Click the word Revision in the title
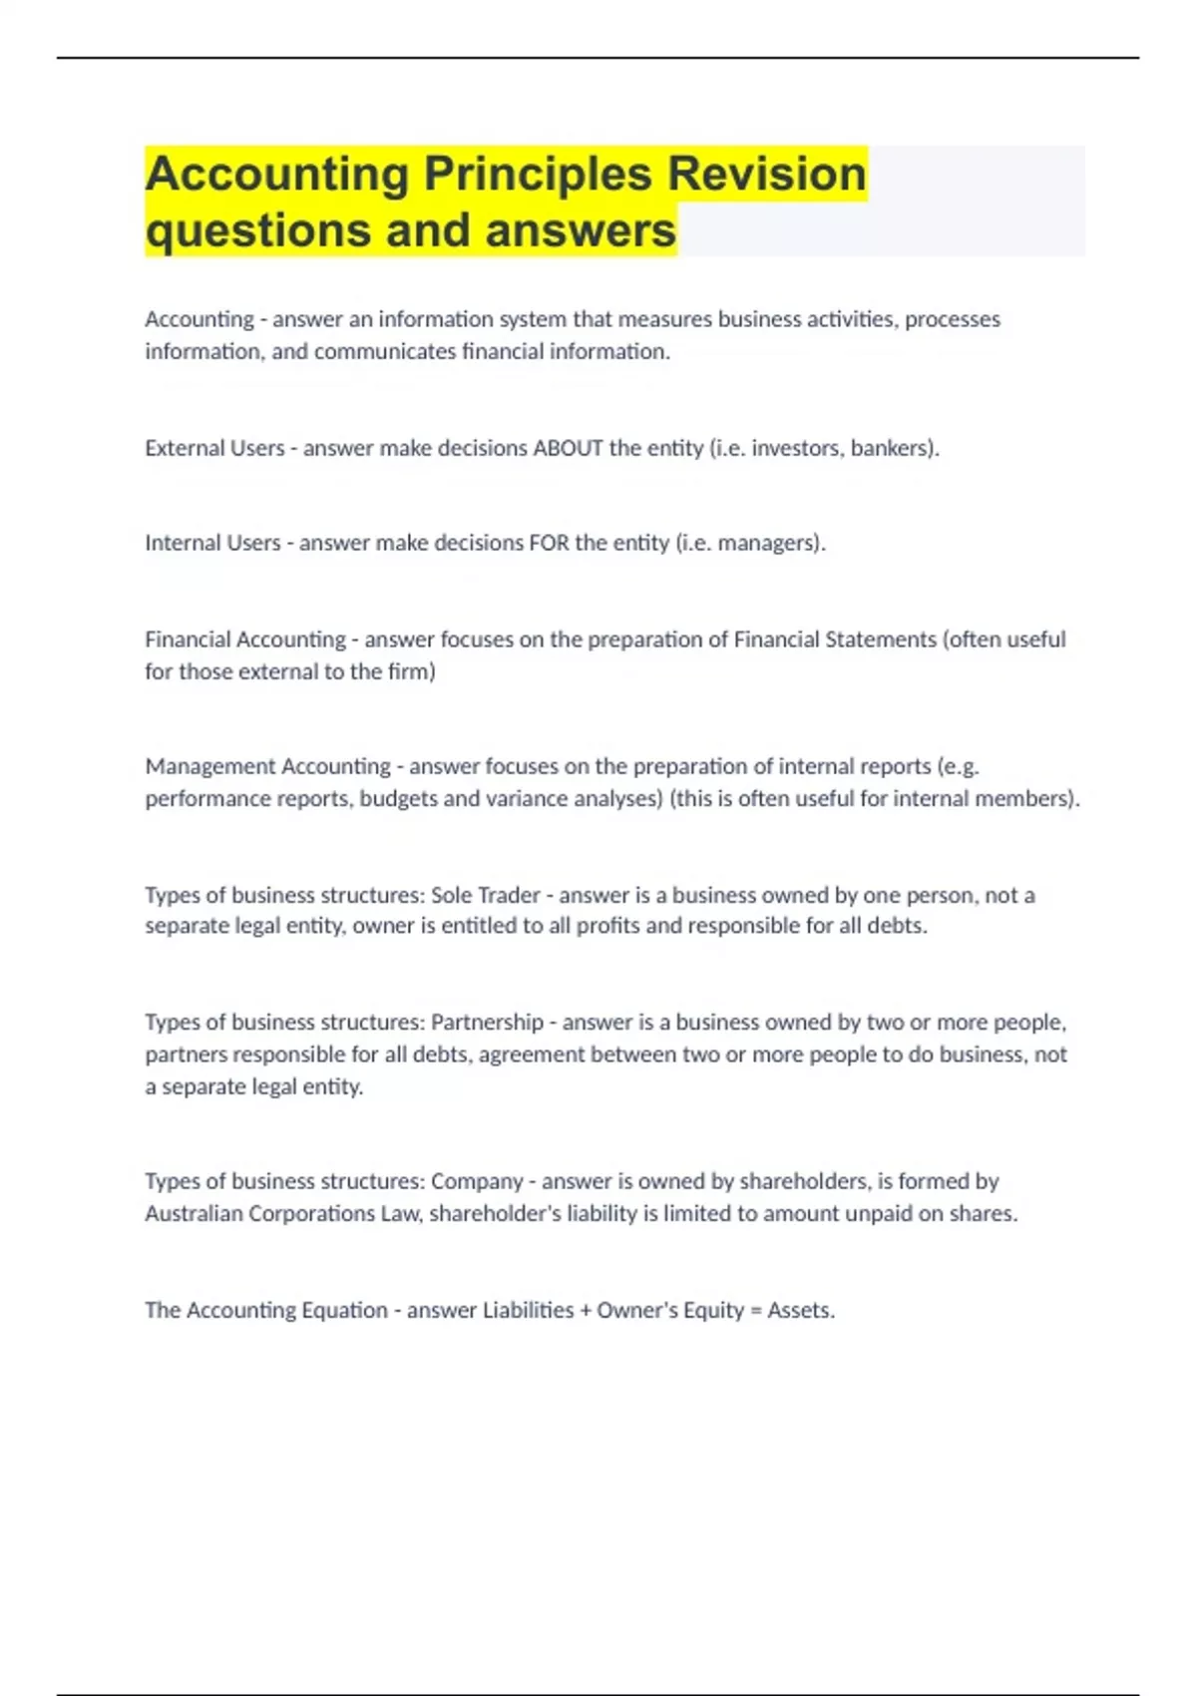(x=766, y=174)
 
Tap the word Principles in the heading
(x=539, y=176)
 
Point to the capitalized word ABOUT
(x=568, y=448)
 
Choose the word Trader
(x=509, y=895)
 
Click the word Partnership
(x=487, y=1023)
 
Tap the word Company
(x=477, y=1181)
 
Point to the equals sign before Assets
(x=755, y=1311)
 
